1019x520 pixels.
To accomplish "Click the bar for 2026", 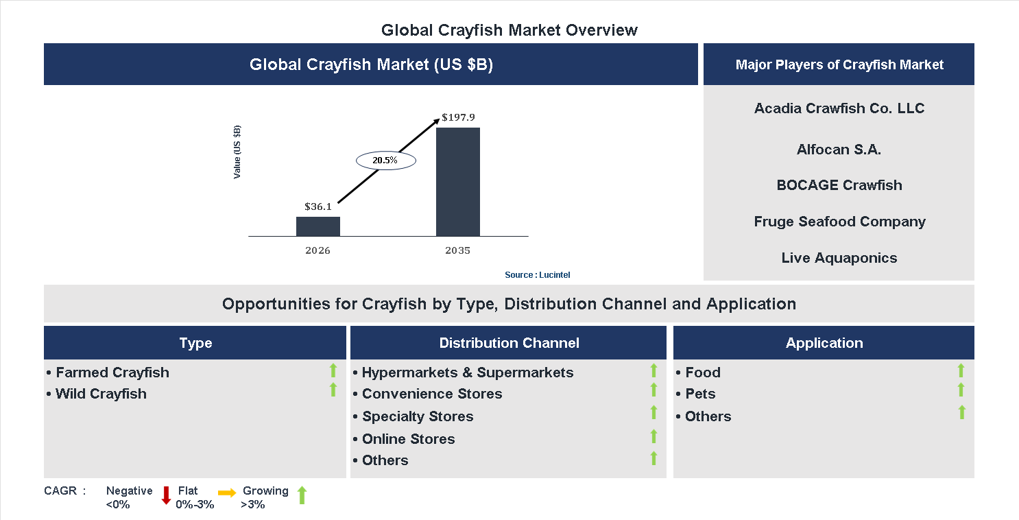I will (317, 226).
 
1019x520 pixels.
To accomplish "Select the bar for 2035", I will (457, 182).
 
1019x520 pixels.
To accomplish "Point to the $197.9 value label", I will (458, 117).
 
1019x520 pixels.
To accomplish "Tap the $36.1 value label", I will (318, 206).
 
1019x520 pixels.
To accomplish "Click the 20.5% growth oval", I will (385, 161).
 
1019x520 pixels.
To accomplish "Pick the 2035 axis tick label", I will (457, 250).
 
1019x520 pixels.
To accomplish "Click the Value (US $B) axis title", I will (237, 152).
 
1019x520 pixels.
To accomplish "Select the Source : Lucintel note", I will (537, 274).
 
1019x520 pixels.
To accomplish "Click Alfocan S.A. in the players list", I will (839, 150).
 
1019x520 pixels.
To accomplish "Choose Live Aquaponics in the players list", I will (839, 258).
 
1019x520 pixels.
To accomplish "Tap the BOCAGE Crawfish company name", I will (839, 185).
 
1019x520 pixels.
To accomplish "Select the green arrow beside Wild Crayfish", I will (333, 390).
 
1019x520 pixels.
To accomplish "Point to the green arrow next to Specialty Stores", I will (654, 413).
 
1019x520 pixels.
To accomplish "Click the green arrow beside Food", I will (961, 371).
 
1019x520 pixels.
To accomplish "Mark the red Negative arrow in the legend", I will (166, 495).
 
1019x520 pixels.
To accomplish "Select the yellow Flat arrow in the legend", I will (227, 493).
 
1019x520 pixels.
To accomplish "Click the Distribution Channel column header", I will (509, 343).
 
